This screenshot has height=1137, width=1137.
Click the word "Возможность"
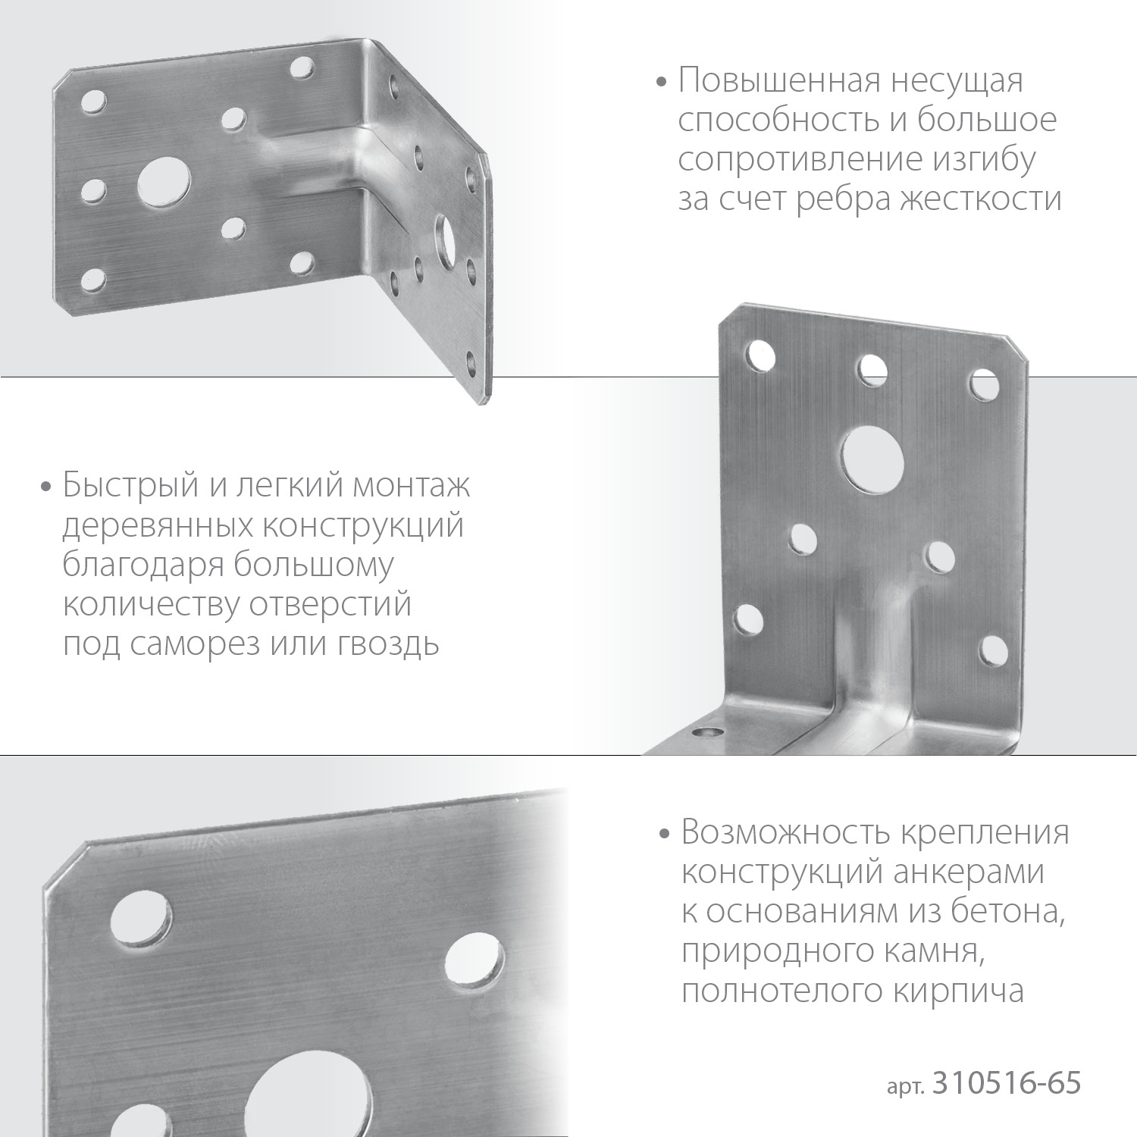pyautogui.click(x=785, y=832)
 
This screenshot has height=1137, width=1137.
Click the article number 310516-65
pyautogui.click(x=1007, y=1084)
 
